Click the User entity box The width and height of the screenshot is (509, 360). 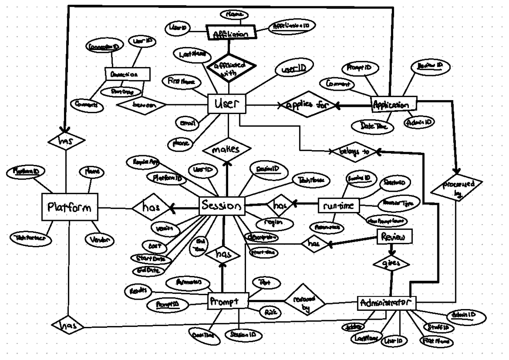coord(227,104)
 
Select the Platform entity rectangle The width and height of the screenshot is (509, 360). coord(70,207)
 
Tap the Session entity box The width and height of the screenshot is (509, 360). coord(222,206)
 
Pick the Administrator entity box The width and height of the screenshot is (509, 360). coord(386,303)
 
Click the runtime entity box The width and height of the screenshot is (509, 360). coord(339,206)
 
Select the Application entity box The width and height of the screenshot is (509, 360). coord(394,104)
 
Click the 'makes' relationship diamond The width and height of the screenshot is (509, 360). coord(227,149)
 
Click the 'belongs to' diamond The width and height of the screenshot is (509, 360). coord(353,151)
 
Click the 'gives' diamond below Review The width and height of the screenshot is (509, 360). coord(392,264)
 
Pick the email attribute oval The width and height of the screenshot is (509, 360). coord(187,123)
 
